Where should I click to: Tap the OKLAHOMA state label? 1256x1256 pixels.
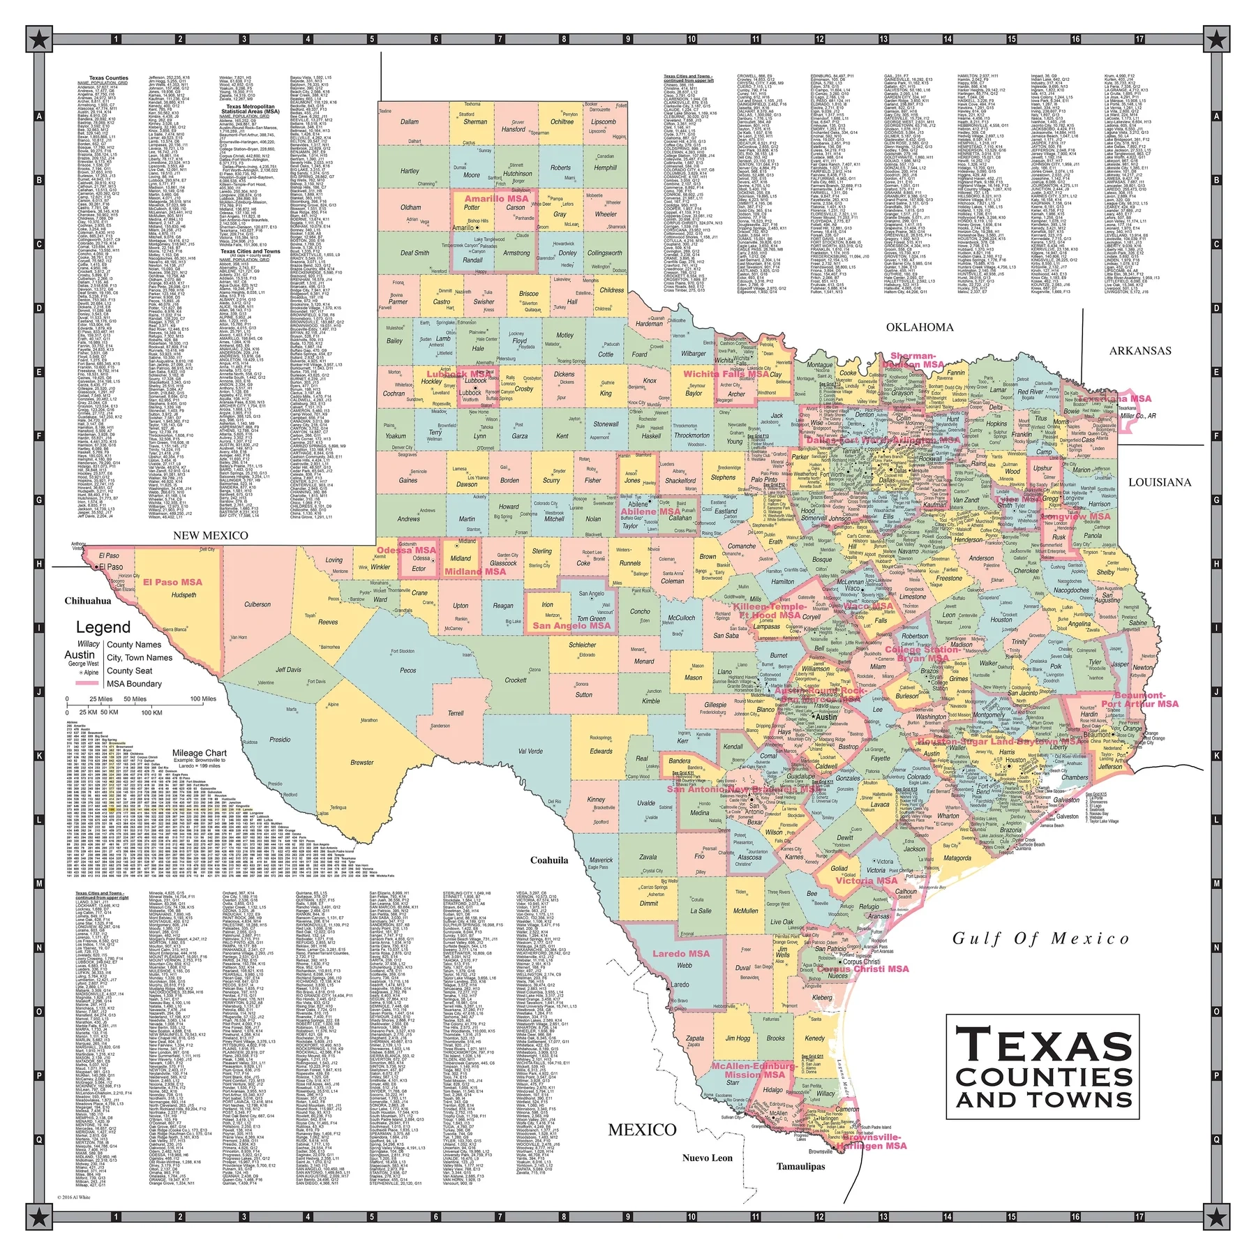pos(919,327)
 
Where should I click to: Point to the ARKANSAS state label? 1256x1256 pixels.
pos(1139,350)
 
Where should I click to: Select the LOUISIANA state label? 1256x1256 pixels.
pos(1159,482)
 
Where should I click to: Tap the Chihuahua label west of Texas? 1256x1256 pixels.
pos(88,600)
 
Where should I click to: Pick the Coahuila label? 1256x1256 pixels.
pos(548,860)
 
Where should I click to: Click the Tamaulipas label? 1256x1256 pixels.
pos(800,1166)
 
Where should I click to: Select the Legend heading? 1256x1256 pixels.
pos(103,627)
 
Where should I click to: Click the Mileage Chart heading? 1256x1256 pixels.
pos(200,753)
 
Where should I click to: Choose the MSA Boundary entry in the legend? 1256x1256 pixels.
pos(134,684)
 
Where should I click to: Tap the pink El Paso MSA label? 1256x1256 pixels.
pos(172,581)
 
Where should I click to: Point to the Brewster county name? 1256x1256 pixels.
pos(361,762)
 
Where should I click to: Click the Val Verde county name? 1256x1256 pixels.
pos(530,751)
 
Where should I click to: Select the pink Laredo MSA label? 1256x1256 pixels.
pos(680,953)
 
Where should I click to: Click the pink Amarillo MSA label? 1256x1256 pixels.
pos(496,198)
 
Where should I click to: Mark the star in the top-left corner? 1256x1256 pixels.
pos(40,39)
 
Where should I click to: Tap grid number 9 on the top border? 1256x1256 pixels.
pos(627,39)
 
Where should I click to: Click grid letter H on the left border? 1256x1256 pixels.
pos(39,564)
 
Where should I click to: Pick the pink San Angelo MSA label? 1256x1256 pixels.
pos(571,625)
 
